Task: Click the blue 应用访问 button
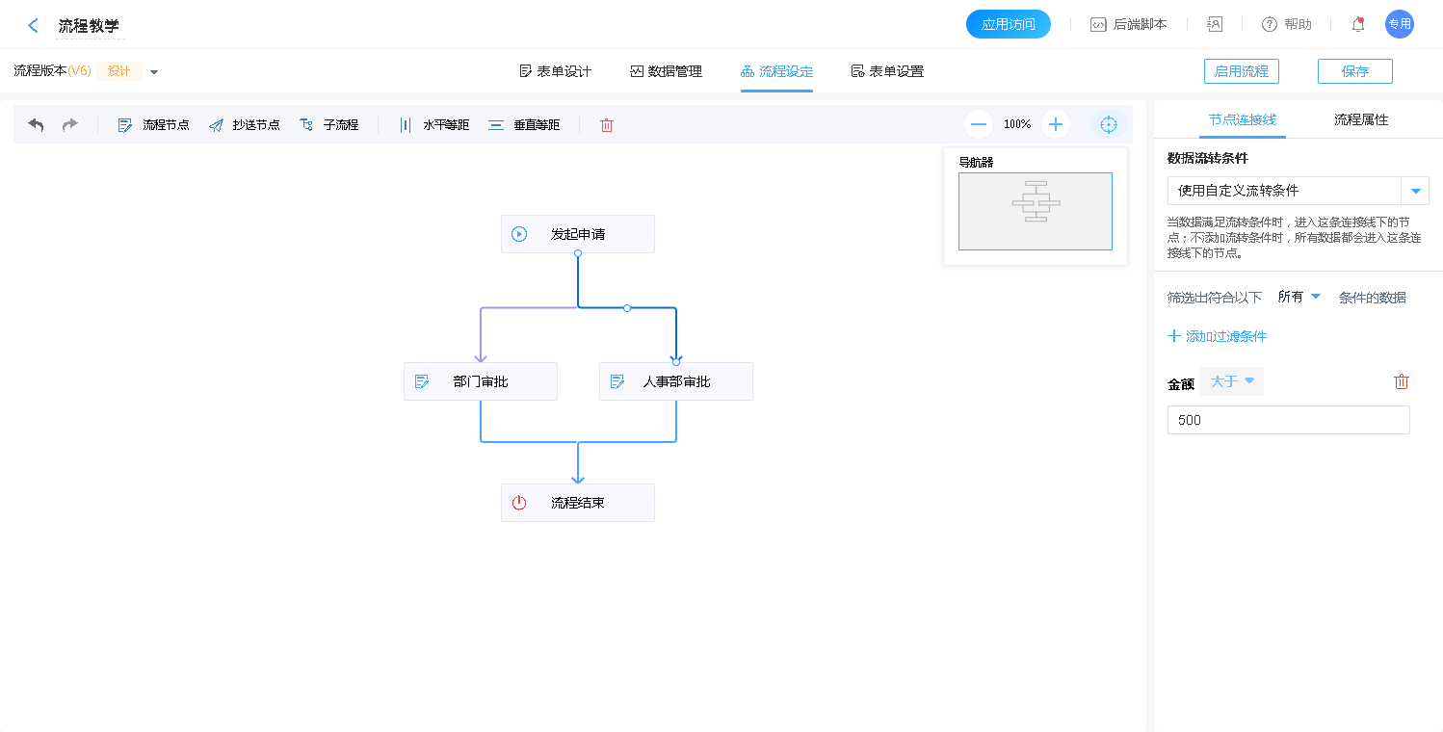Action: tap(1008, 24)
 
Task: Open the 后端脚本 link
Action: tap(1128, 24)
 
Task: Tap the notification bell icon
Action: tap(1358, 24)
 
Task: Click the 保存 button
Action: tap(1354, 71)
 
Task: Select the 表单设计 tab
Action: tap(555, 71)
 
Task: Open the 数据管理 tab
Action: tap(666, 71)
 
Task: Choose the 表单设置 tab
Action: tap(887, 71)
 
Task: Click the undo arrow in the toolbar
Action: tap(37, 124)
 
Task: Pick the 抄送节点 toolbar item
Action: tap(244, 124)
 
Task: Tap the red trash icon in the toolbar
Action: tap(607, 125)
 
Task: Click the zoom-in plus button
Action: tap(1056, 124)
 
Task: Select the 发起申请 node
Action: tap(577, 234)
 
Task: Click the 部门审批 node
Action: tap(480, 381)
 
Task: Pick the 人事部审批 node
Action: tap(675, 381)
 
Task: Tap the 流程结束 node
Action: tap(577, 503)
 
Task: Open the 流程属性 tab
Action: tap(1360, 119)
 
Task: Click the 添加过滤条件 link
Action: tap(1217, 336)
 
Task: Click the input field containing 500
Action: tap(1288, 420)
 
